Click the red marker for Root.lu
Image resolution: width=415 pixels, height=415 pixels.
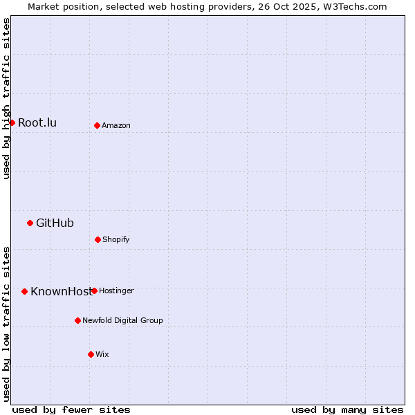pyautogui.click(x=12, y=122)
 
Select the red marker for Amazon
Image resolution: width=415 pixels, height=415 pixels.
pyautogui.click(x=97, y=125)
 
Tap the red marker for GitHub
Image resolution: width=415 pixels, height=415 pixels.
pyautogui.click(x=30, y=223)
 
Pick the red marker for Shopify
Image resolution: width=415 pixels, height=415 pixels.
pyautogui.click(x=98, y=239)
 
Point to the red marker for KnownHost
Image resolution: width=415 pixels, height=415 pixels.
pyautogui.click(x=24, y=291)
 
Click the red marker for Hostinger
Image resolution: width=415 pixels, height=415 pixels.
pyautogui.click(x=94, y=290)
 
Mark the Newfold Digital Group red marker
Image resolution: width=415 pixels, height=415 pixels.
pyautogui.click(x=77, y=320)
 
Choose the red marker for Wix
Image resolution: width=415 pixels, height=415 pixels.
pyautogui.click(x=91, y=354)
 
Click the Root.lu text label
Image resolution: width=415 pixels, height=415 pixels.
pyautogui.click(x=37, y=123)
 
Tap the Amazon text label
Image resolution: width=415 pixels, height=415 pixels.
pyautogui.click(x=116, y=126)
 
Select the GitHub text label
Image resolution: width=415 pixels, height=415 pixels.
pyautogui.click(x=55, y=223)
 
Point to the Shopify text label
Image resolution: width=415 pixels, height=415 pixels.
pyautogui.click(x=116, y=240)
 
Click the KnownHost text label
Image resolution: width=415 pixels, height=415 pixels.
pyautogui.click(x=60, y=291)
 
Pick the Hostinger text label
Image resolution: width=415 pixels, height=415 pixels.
pyautogui.click(x=116, y=291)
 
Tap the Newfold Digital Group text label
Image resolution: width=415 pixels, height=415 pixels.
pyautogui.click(x=122, y=321)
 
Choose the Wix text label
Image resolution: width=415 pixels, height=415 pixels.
pyautogui.click(x=102, y=355)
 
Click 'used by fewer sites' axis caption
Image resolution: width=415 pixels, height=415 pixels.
pyautogui.click(x=71, y=409)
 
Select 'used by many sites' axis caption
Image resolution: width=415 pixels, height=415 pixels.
pyautogui.click(x=347, y=409)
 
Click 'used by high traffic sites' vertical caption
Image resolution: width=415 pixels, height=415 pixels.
pyautogui.click(x=6, y=98)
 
